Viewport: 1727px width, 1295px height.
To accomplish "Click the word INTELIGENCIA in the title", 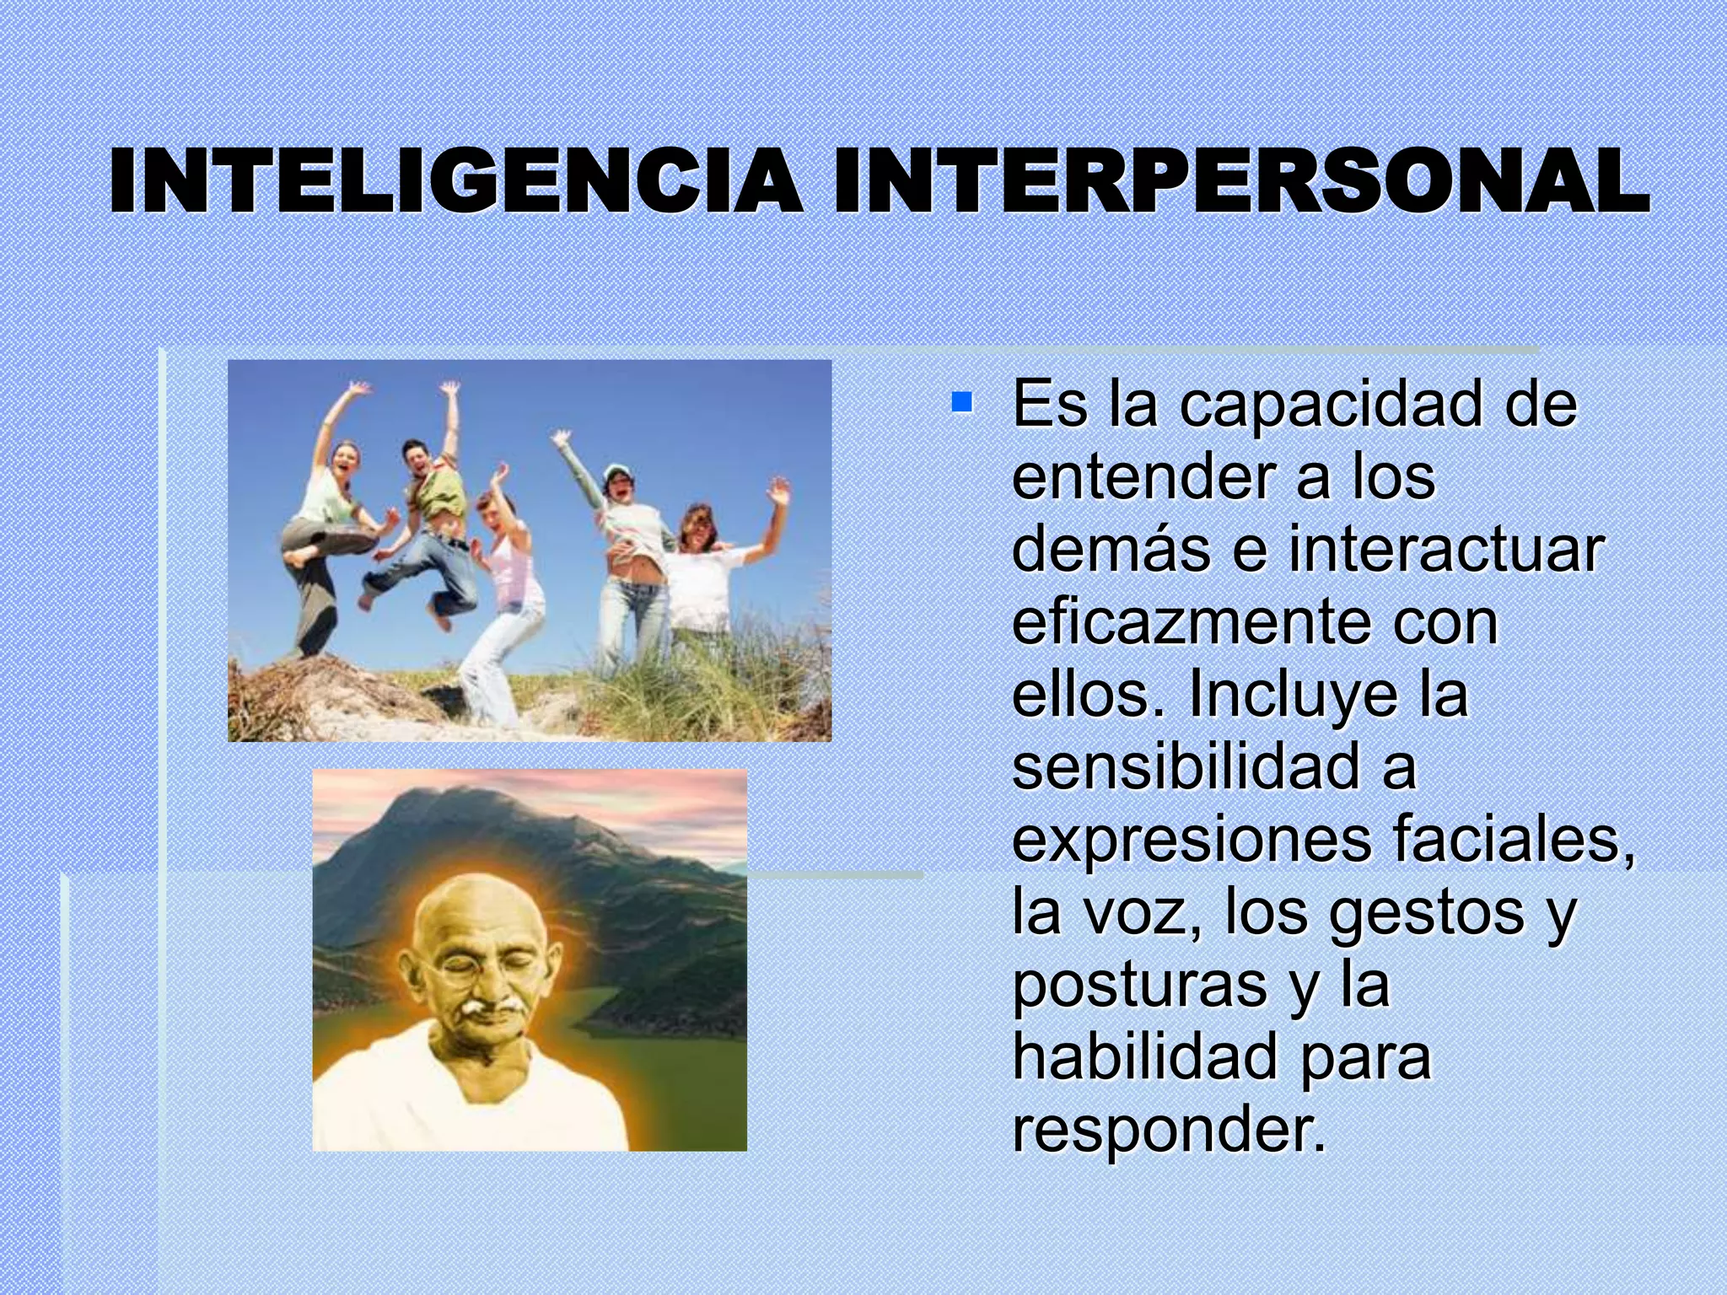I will coord(455,181).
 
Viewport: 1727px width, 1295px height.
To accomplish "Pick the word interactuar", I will coord(1445,550).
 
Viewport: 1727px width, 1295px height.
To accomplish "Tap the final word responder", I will coord(1169,1130).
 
